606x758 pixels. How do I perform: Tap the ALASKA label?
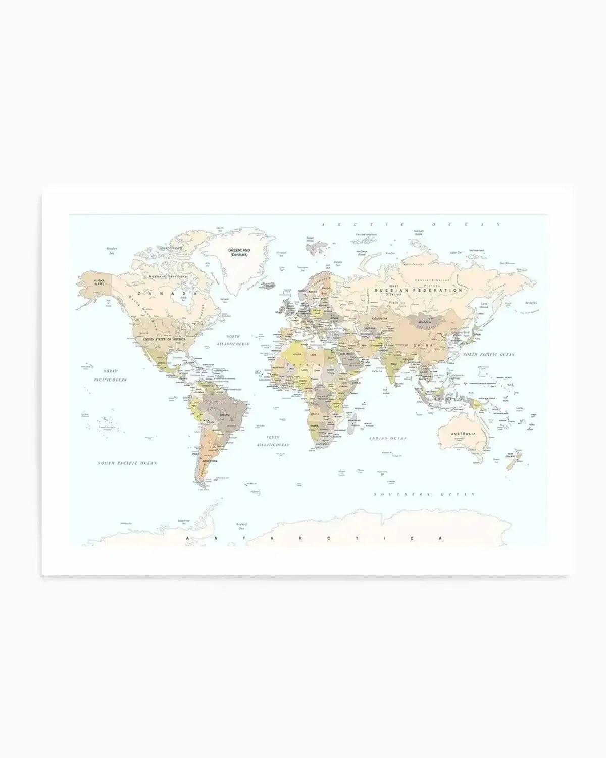99,280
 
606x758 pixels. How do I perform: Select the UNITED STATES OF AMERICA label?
164,340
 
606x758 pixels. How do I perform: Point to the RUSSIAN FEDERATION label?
418,291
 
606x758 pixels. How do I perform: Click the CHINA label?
423,345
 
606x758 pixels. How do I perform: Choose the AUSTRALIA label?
464,434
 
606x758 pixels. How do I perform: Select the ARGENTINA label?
210,461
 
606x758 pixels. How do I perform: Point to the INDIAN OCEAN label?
388,438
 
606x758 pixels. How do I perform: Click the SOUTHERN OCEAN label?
424,494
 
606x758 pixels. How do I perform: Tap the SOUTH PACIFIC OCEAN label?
127,463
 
